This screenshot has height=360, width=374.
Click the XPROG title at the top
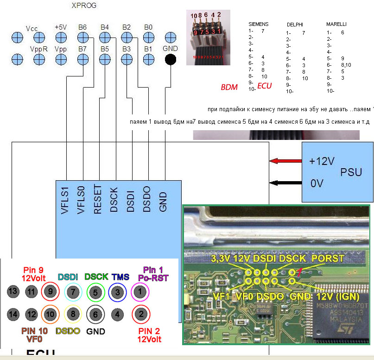click(84, 6)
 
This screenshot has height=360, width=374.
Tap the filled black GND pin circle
click(170, 59)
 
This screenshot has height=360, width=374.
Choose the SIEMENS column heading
click(258, 24)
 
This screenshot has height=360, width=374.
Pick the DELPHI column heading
click(295, 24)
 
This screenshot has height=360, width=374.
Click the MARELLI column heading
click(336, 24)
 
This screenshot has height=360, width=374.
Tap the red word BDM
click(230, 87)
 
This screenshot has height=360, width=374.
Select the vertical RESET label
click(97, 200)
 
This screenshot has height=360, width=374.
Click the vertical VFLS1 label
click(65, 200)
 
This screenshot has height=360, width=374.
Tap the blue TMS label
click(120, 277)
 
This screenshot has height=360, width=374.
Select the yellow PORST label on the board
click(328, 258)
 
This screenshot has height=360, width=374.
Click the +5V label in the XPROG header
click(61, 27)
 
